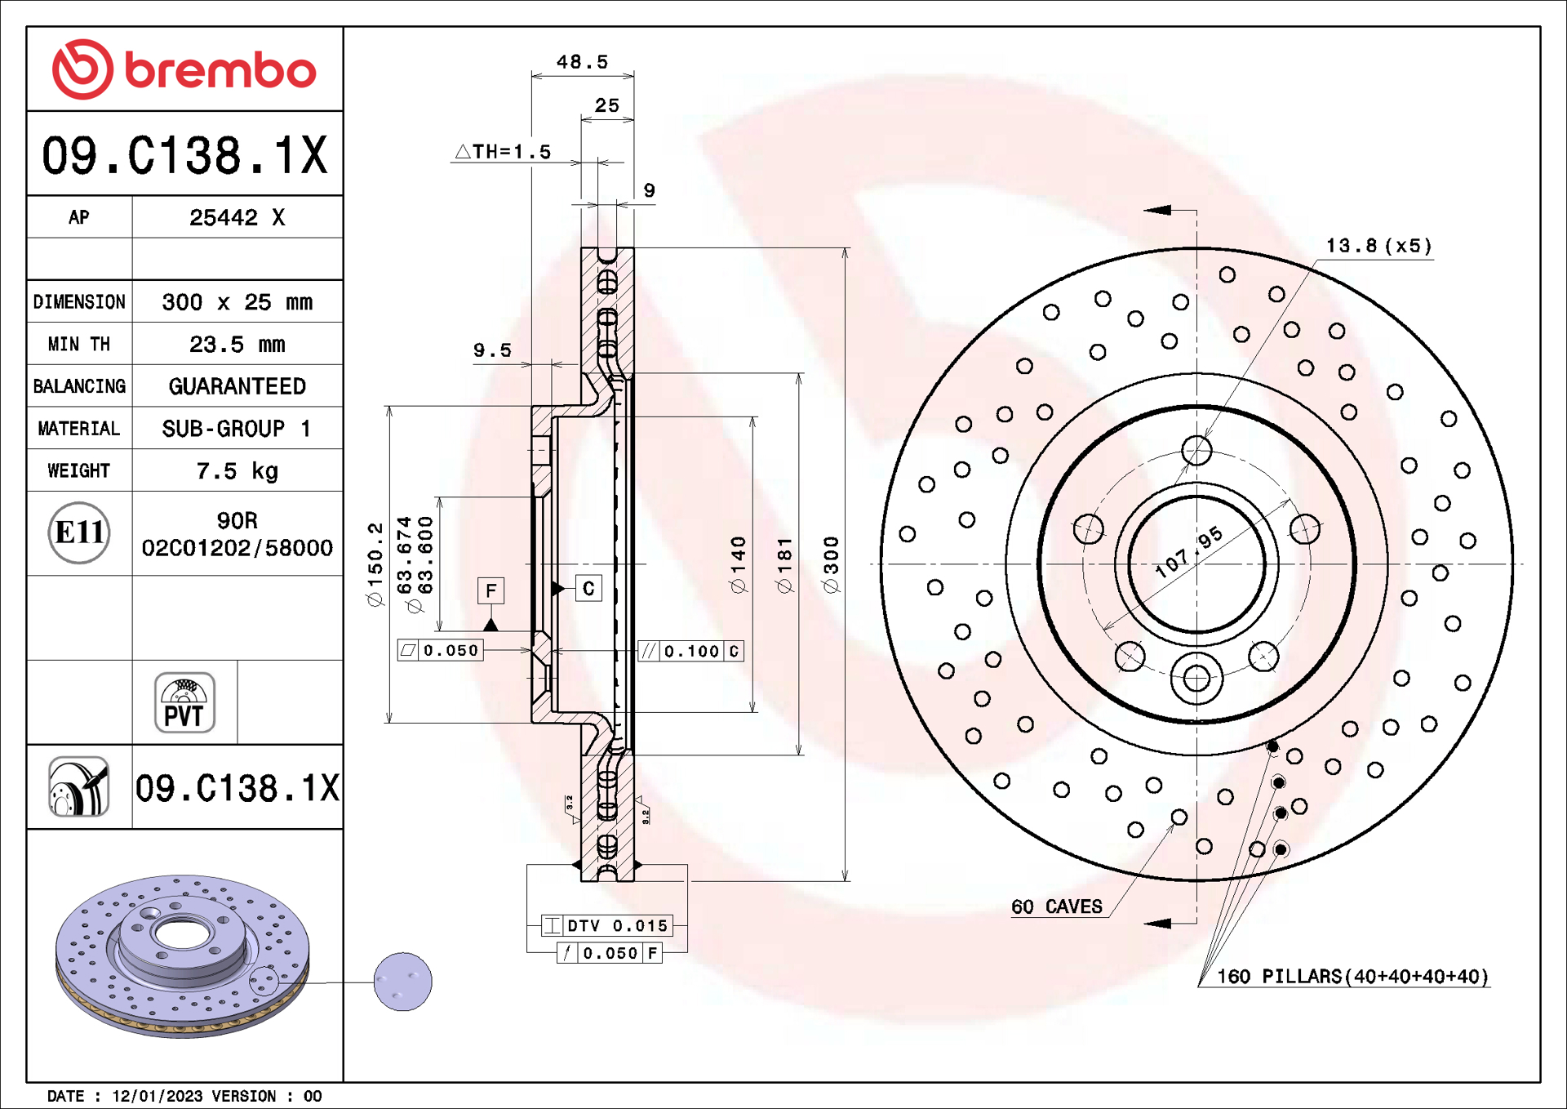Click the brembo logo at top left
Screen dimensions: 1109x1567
(x=184, y=69)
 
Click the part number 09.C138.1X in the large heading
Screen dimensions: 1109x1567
(x=184, y=155)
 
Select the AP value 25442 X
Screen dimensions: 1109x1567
(x=237, y=217)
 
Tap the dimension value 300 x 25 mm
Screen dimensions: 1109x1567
(x=237, y=302)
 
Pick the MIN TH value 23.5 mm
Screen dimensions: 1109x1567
(x=237, y=345)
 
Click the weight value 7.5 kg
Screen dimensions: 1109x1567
(x=237, y=471)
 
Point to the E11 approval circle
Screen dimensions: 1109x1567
(x=79, y=532)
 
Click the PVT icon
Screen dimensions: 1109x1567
(x=184, y=702)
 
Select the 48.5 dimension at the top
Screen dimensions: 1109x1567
(x=582, y=62)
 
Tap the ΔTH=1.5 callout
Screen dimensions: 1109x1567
(x=504, y=152)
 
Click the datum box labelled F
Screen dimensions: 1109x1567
(x=491, y=590)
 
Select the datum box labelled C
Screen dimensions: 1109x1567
(x=588, y=589)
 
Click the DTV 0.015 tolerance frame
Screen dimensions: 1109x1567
(x=608, y=925)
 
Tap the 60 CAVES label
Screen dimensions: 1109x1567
(x=1056, y=906)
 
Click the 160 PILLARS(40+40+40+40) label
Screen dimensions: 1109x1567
(x=1352, y=977)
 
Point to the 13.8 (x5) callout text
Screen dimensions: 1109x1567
(x=1378, y=246)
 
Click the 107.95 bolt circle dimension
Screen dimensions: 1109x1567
(x=1188, y=552)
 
